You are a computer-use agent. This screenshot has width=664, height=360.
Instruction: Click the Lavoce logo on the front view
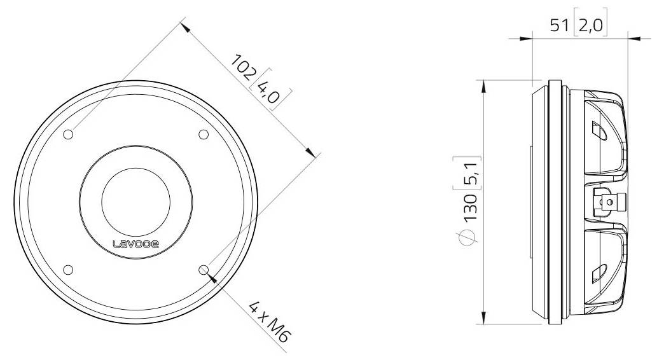(136, 244)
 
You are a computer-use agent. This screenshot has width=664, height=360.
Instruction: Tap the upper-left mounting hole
(69, 134)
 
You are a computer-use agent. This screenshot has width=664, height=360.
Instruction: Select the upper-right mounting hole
(204, 134)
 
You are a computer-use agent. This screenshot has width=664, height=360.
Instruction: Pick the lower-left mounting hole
(69, 270)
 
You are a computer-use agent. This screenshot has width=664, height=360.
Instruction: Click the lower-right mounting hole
(204, 270)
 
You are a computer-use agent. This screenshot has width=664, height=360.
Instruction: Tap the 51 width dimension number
(560, 26)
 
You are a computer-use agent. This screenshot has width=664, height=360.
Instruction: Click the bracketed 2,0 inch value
(591, 26)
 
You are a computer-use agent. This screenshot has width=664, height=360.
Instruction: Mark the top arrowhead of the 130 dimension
(485, 85)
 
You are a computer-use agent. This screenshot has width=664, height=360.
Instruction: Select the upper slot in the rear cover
(598, 132)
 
